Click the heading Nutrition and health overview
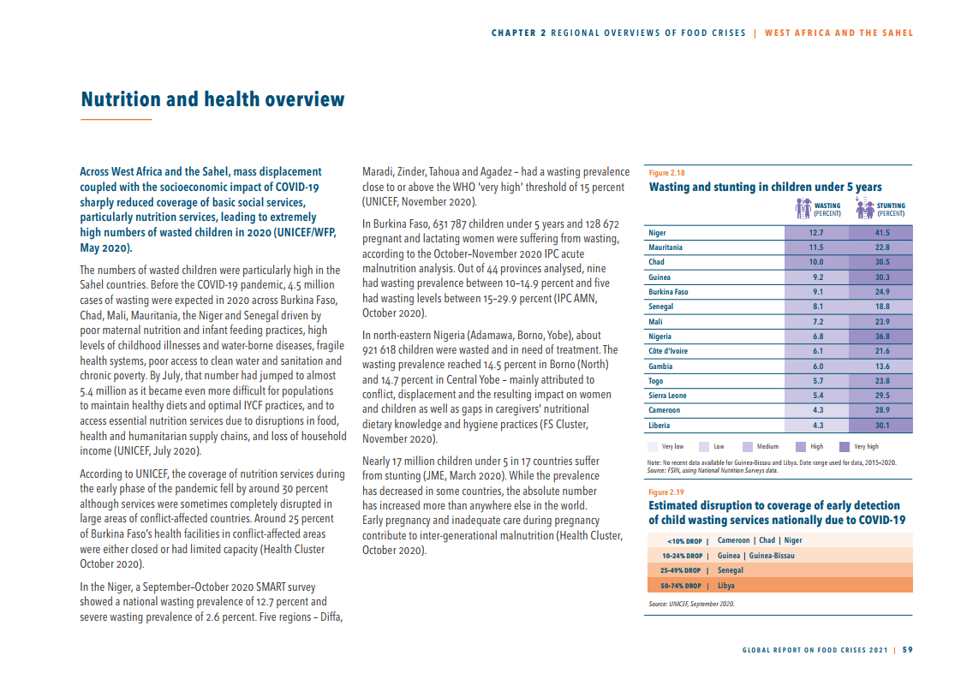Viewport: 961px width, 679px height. tap(212, 100)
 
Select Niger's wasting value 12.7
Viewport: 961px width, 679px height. tap(816, 233)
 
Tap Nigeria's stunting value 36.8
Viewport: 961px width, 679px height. tap(882, 337)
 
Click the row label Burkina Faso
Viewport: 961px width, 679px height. tap(668, 292)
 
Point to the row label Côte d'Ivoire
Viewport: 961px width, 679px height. tap(668, 351)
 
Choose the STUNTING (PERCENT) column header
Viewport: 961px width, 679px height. tap(891, 210)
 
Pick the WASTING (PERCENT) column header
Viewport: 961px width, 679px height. tap(827, 210)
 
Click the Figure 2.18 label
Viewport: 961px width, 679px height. tap(666, 173)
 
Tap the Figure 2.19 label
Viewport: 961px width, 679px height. tap(666, 492)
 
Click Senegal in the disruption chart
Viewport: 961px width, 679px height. tap(731, 570)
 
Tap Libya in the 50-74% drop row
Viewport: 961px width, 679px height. tap(726, 586)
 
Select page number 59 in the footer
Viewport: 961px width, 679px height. tap(908, 649)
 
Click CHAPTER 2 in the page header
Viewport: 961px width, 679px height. tap(519, 33)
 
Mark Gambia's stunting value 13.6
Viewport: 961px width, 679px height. tap(882, 366)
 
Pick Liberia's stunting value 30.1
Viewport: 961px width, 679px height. tap(882, 425)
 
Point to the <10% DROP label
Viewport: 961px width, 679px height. tap(684, 541)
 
